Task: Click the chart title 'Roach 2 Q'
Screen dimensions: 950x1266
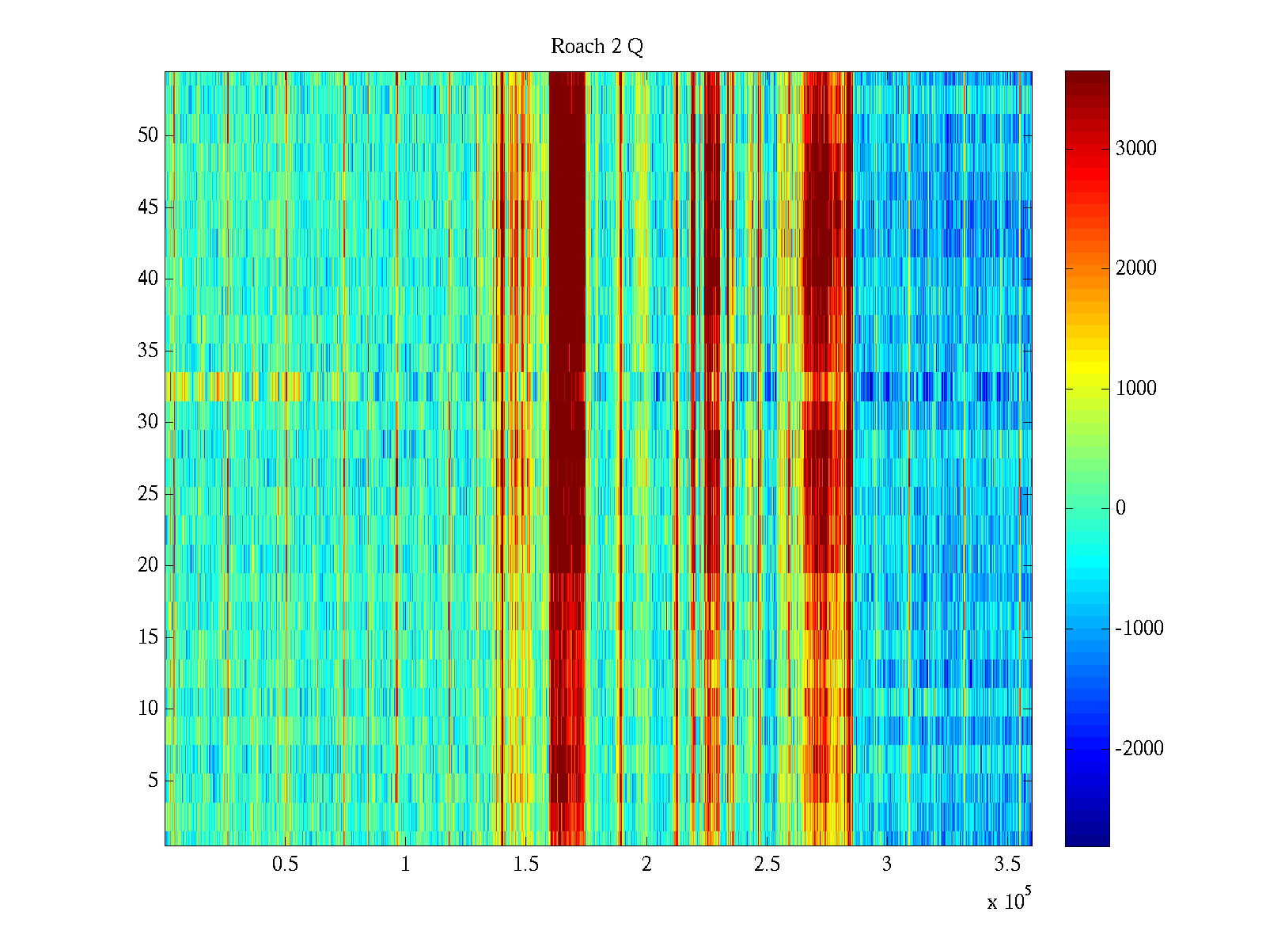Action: coord(597,47)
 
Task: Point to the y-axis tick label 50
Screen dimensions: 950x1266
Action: coord(148,135)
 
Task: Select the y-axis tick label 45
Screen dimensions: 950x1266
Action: coord(148,207)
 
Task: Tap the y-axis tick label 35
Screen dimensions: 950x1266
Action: coord(148,350)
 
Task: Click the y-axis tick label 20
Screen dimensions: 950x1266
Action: coord(148,565)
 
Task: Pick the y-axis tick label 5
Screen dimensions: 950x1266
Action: coord(153,781)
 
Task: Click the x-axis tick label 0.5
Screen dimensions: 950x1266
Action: coord(285,864)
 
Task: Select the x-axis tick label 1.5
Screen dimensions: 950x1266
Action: coord(525,864)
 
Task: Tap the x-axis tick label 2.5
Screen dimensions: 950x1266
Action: coord(767,864)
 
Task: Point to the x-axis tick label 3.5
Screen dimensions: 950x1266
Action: coord(1007,864)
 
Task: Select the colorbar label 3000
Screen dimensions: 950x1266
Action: coord(1135,149)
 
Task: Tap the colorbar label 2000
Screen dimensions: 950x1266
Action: coord(1135,268)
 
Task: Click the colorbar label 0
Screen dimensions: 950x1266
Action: coord(1120,508)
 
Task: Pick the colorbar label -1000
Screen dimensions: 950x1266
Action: coord(1139,629)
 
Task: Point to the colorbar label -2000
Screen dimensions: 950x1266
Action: coord(1139,749)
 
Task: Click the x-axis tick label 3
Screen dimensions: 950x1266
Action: coord(887,864)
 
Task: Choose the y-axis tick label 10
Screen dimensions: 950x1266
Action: coord(148,709)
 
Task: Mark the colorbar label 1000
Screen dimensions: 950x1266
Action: coord(1135,389)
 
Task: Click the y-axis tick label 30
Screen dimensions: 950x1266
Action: coord(148,422)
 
